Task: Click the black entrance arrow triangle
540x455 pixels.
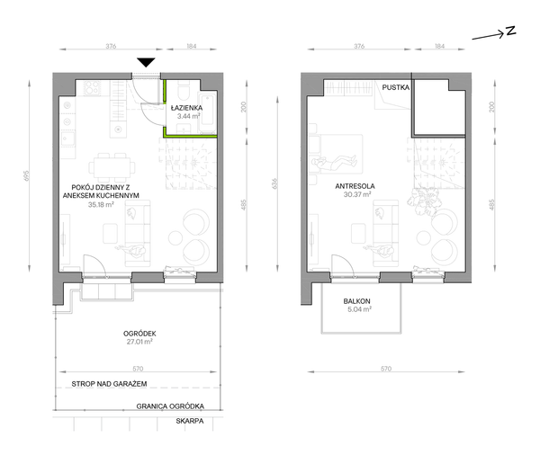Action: click(146, 62)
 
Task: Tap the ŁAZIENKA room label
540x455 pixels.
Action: click(186, 108)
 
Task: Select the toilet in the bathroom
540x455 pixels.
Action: click(183, 90)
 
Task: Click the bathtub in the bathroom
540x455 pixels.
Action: click(207, 112)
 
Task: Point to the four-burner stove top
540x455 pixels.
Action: click(93, 88)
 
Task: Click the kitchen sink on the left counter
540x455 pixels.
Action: click(67, 139)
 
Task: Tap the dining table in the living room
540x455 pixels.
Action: click(112, 167)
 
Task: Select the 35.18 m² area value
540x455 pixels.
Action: click(101, 205)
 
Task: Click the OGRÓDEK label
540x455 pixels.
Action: click(139, 334)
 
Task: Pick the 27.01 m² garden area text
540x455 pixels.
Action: click(139, 342)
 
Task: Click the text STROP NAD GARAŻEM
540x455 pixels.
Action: click(109, 384)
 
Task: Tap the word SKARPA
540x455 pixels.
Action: click(190, 421)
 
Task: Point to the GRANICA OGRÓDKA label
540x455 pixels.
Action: click(170, 406)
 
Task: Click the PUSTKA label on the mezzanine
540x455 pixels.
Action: click(396, 87)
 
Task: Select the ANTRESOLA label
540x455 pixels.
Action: click(355, 186)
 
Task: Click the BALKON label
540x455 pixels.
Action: click(356, 301)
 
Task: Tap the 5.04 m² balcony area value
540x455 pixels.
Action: click(359, 309)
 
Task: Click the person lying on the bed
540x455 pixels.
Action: click(334, 162)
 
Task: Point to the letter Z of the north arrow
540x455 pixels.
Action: click(510, 31)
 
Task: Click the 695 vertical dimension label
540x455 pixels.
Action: click(27, 175)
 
